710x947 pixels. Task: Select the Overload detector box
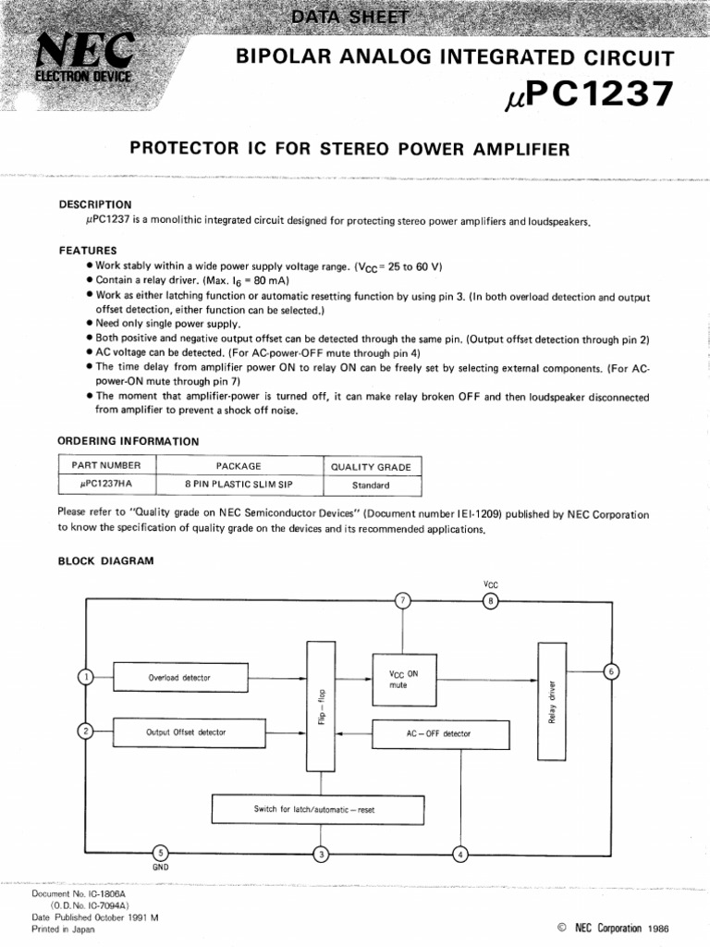(x=180, y=678)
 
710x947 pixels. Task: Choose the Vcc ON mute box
(x=404, y=680)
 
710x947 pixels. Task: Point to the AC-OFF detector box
(x=439, y=733)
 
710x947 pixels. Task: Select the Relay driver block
(x=551, y=701)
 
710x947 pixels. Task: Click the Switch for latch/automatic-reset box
(x=314, y=809)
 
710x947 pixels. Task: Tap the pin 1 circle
(x=86, y=678)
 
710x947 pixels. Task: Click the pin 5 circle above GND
(x=160, y=854)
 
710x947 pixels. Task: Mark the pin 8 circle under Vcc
(x=491, y=601)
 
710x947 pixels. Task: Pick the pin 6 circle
(x=609, y=670)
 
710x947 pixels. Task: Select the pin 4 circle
(x=460, y=854)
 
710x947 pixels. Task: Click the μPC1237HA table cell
(x=107, y=484)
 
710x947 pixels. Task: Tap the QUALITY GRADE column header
(x=371, y=467)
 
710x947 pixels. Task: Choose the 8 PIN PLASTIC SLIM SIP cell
(x=238, y=484)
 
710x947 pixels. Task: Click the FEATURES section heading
(x=88, y=250)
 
